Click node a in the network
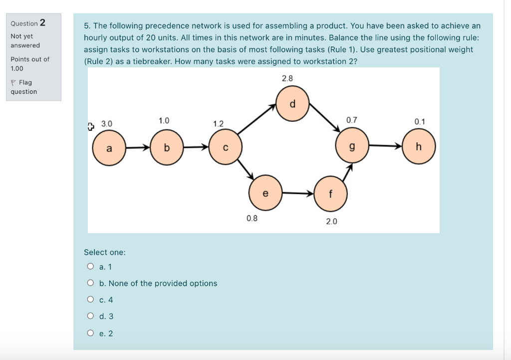(109, 148)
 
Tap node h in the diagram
(419, 147)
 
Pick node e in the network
(265, 193)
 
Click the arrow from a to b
(138, 148)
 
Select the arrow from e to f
(298, 193)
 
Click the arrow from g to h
(386, 146)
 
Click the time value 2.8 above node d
(287, 78)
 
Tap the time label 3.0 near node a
(107, 123)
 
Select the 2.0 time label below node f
(332, 221)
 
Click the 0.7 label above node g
(351, 120)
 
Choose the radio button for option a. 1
(90, 267)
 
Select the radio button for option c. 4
(90, 300)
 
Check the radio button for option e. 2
(90, 333)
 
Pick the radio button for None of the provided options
(90, 283)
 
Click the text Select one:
(105, 252)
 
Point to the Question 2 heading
(28, 23)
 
